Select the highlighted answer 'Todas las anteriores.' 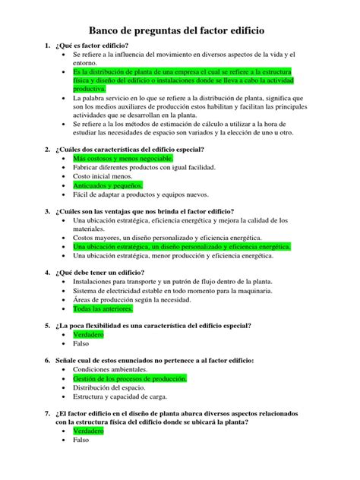(x=103, y=308)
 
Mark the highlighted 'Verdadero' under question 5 (x=88, y=334)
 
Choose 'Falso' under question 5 (x=81, y=343)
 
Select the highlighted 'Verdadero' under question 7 (x=88, y=431)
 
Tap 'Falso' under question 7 (x=81, y=440)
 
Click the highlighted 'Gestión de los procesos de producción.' (x=129, y=378)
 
